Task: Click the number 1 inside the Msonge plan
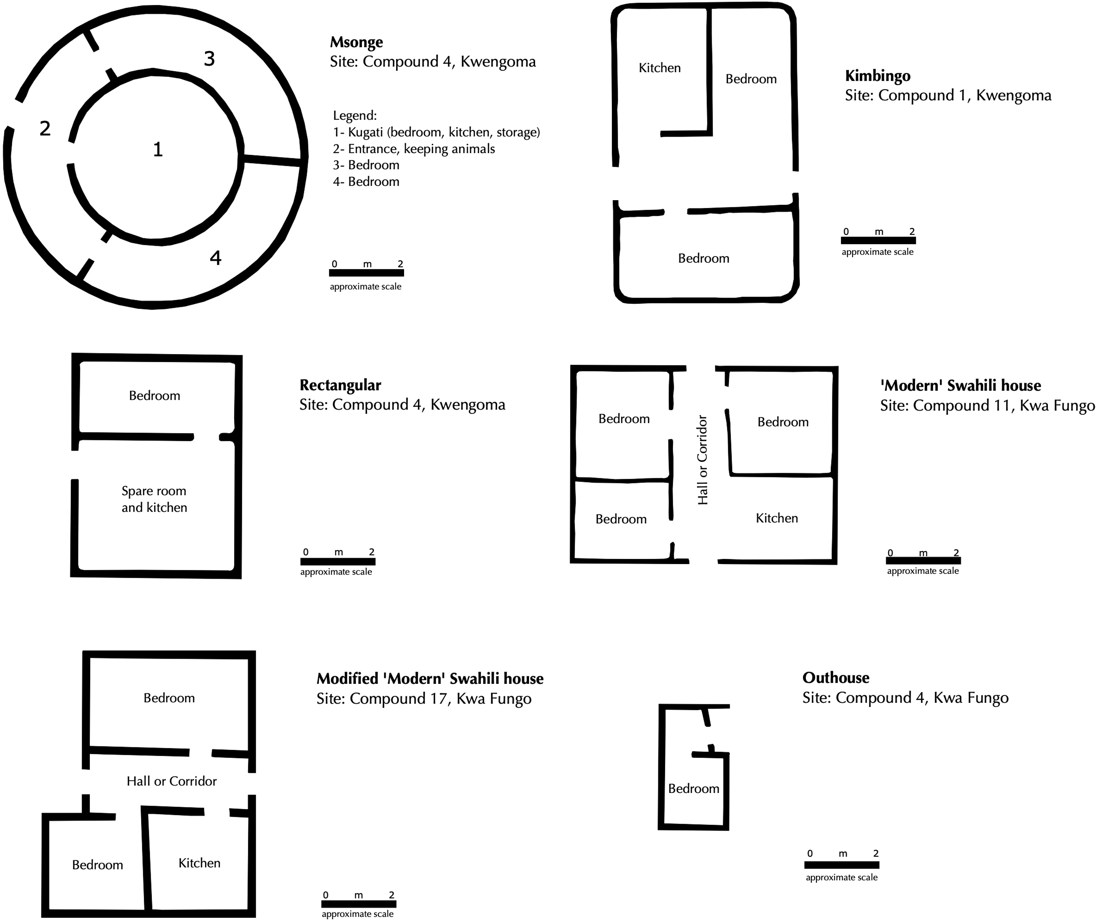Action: point(158,150)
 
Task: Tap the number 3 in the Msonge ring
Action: point(209,58)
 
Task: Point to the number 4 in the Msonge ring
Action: point(215,258)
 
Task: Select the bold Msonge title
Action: point(356,42)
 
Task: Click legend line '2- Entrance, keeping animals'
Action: point(414,149)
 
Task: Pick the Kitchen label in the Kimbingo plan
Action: point(660,68)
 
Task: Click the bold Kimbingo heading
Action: point(878,76)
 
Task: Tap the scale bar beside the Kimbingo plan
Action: point(878,241)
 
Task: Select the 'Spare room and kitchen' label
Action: point(154,499)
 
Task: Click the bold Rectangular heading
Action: point(340,385)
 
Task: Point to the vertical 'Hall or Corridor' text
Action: point(703,460)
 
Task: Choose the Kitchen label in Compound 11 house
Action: point(777,518)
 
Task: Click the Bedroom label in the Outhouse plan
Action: point(694,789)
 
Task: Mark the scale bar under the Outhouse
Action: point(842,865)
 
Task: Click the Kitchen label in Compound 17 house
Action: point(199,863)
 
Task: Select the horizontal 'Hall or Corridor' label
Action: point(171,781)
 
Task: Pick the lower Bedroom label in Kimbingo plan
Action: point(704,258)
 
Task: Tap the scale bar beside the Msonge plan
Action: point(366,273)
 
